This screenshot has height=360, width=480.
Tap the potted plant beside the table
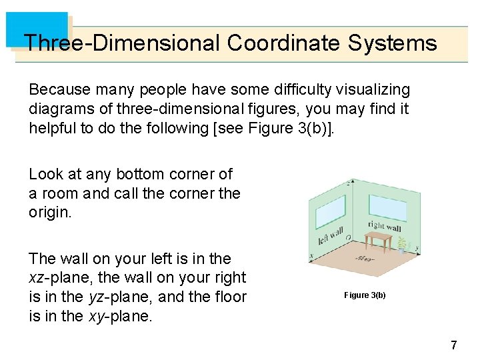point(402,247)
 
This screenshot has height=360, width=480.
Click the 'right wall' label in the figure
point(385,227)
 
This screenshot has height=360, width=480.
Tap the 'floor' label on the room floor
point(365,258)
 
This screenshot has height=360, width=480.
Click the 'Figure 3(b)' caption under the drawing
point(365,295)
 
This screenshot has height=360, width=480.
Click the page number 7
point(453,345)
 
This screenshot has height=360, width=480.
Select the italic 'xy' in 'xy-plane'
point(97,317)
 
